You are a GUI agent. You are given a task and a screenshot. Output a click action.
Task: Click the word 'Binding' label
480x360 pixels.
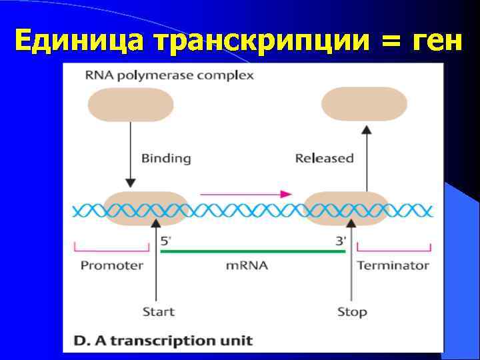(x=165, y=159)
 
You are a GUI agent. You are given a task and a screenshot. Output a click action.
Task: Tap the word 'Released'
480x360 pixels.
(x=324, y=159)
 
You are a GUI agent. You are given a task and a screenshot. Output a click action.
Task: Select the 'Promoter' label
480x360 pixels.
(x=112, y=265)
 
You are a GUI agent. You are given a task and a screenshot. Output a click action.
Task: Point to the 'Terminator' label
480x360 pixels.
(x=393, y=265)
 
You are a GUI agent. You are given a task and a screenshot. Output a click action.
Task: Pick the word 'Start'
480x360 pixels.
(x=158, y=312)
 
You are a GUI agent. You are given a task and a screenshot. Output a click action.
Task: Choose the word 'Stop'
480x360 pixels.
(x=352, y=312)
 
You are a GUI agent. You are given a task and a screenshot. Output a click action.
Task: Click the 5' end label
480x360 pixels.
(x=165, y=241)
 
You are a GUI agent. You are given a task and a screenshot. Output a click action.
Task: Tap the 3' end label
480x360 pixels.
(x=340, y=241)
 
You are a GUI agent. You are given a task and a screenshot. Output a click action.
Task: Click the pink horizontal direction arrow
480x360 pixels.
(x=246, y=194)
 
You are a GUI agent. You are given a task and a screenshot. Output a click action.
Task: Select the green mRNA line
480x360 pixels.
(x=253, y=252)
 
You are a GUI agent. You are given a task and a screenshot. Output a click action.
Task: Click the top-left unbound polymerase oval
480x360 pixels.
(x=130, y=105)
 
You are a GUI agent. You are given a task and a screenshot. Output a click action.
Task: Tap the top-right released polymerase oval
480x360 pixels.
(x=364, y=105)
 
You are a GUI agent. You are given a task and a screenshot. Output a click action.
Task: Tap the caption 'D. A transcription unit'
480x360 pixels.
(x=163, y=341)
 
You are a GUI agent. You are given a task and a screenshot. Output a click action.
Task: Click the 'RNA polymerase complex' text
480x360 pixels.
(x=169, y=75)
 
